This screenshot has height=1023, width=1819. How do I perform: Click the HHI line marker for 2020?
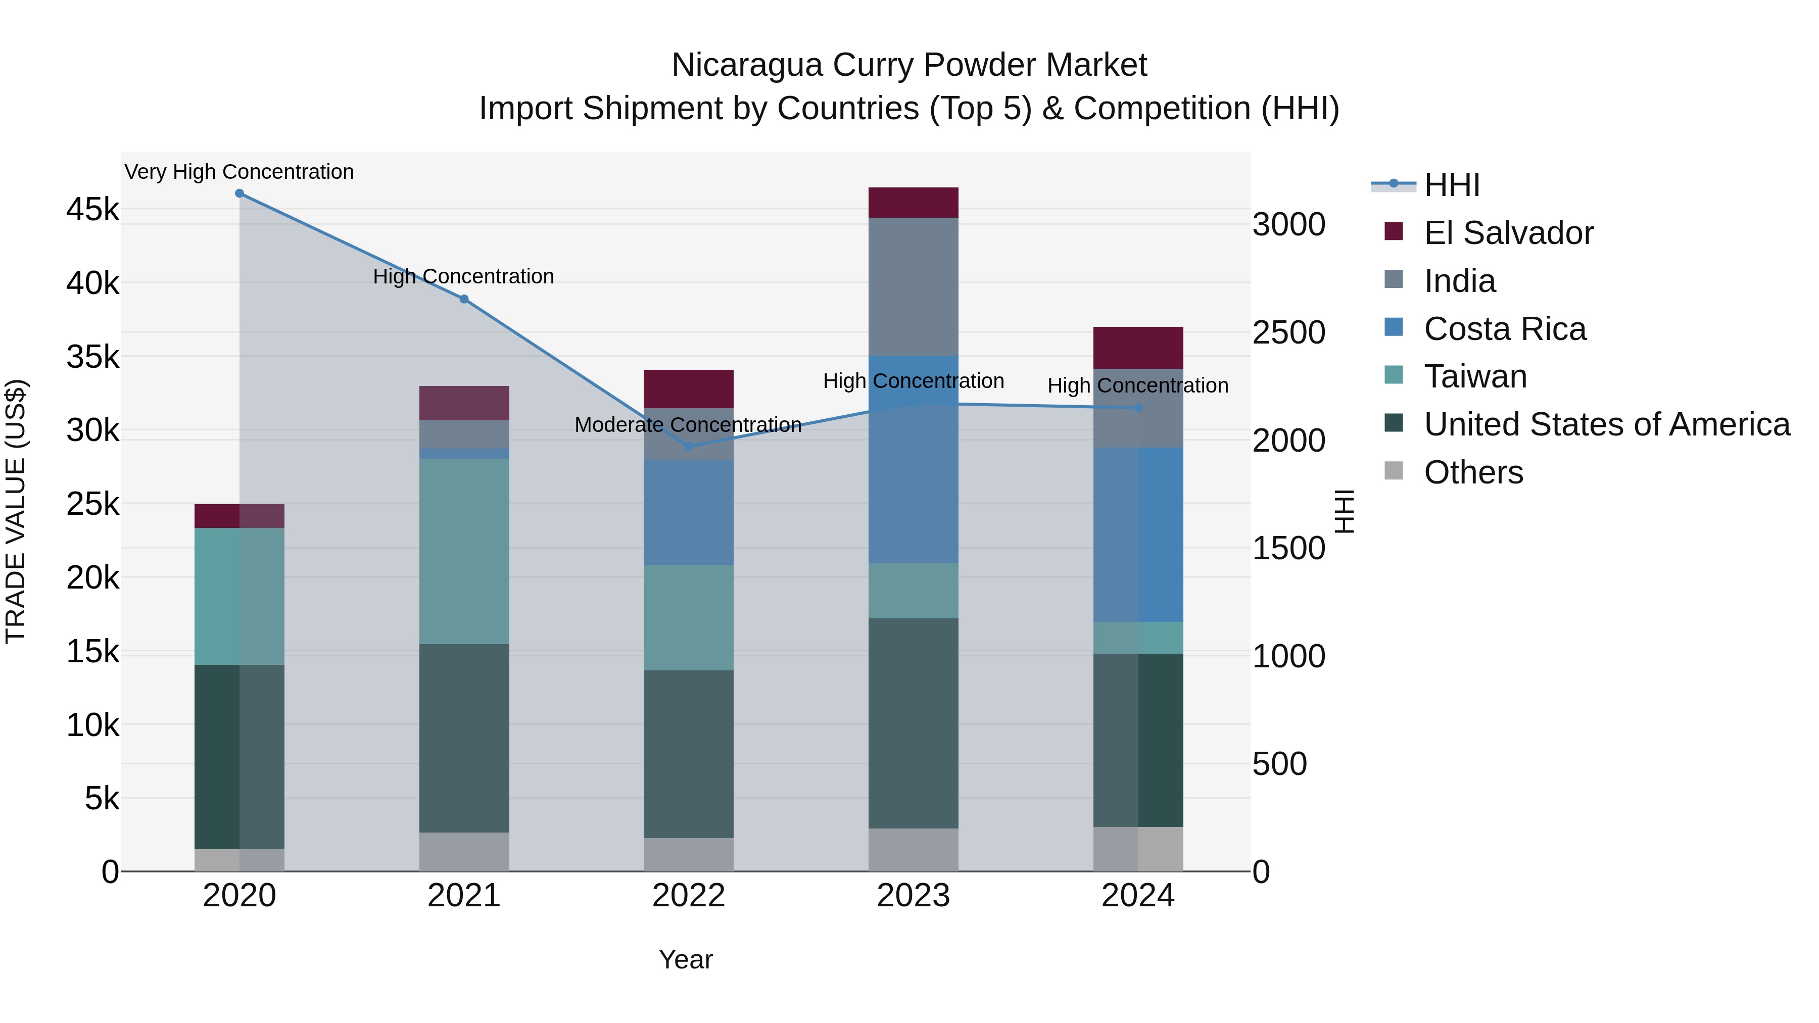coord(240,193)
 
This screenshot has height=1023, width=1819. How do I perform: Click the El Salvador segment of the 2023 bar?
coord(913,203)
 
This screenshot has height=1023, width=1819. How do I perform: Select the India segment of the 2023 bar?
coord(913,286)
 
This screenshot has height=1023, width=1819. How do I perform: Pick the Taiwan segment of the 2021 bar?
coord(464,551)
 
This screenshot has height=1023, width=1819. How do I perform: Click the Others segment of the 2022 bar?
coord(689,855)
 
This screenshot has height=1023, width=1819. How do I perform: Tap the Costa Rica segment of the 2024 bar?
coord(1137,534)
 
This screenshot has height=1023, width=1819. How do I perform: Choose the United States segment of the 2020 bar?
coord(240,757)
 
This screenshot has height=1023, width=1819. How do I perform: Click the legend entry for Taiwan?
coord(1475,376)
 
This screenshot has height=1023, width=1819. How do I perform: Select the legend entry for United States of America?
coord(1606,424)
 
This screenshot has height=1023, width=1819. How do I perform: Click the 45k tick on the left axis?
coord(92,210)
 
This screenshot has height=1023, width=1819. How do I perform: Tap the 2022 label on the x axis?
coord(689,896)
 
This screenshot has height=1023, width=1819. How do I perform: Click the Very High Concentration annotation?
coord(240,172)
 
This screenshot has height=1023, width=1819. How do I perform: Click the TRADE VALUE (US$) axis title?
coord(16,511)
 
